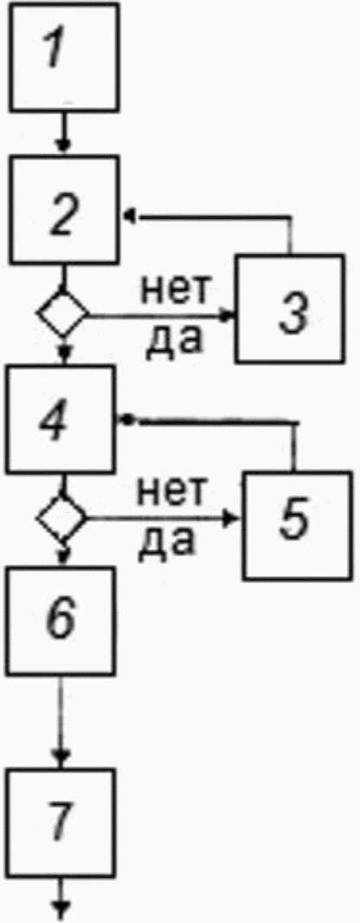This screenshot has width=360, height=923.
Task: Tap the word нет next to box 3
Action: [x=174, y=290]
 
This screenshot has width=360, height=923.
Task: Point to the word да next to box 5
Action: [x=167, y=542]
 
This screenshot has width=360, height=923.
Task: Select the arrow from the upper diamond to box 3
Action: [x=162, y=316]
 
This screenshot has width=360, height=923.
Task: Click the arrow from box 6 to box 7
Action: [x=61, y=721]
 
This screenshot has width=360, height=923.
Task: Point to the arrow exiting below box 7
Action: [x=61, y=899]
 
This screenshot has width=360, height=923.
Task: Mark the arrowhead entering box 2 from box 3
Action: [x=128, y=217]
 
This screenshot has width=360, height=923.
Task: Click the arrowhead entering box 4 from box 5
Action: [x=125, y=420]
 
